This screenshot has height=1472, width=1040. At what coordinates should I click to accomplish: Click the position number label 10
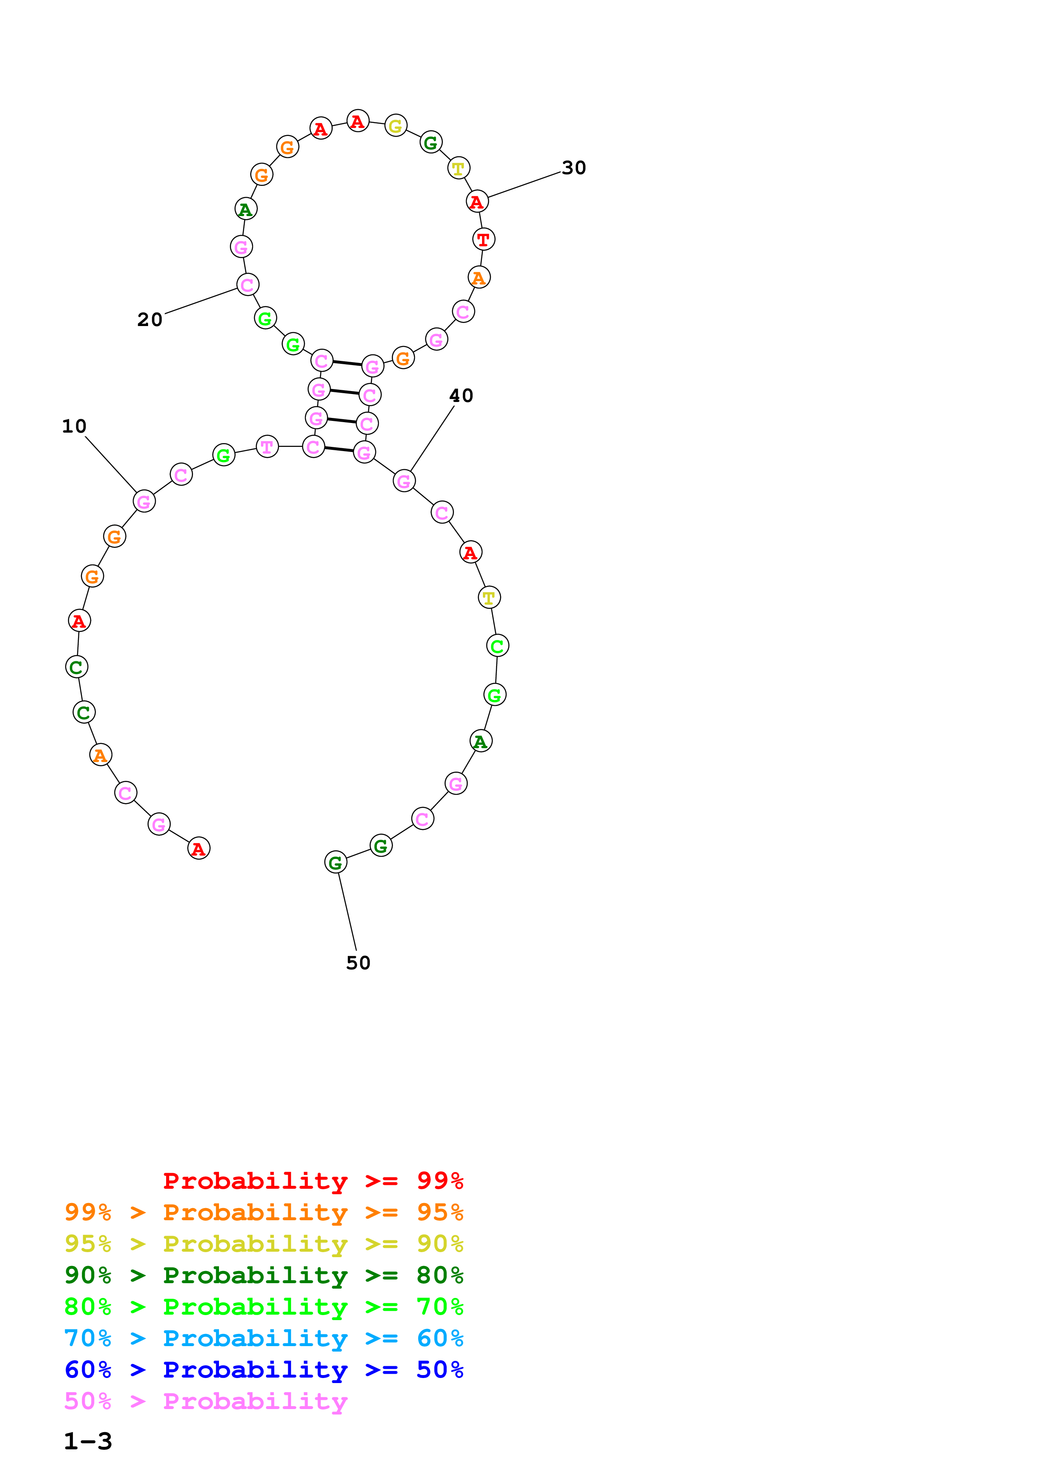click(74, 426)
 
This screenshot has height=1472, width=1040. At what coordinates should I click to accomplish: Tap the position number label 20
click(150, 320)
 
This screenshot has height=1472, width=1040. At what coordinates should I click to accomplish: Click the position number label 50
click(358, 963)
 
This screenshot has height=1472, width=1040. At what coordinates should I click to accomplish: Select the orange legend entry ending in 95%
click(263, 1212)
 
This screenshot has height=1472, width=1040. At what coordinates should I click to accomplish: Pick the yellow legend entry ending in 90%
click(263, 1244)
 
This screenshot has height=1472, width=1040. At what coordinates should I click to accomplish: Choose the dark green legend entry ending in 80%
click(263, 1275)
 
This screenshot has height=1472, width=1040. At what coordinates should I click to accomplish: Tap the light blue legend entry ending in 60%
click(263, 1338)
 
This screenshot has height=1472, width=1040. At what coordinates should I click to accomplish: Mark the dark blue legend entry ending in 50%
click(263, 1370)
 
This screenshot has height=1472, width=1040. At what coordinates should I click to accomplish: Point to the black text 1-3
click(88, 1441)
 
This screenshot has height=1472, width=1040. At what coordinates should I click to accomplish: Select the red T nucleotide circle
click(484, 240)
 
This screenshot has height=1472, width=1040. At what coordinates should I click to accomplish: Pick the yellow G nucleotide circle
click(396, 125)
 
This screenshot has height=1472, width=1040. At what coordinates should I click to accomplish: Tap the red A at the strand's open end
click(198, 848)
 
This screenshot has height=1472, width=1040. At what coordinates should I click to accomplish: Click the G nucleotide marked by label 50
click(336, 862)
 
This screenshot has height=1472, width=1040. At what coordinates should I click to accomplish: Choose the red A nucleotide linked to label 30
click(477, 201)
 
